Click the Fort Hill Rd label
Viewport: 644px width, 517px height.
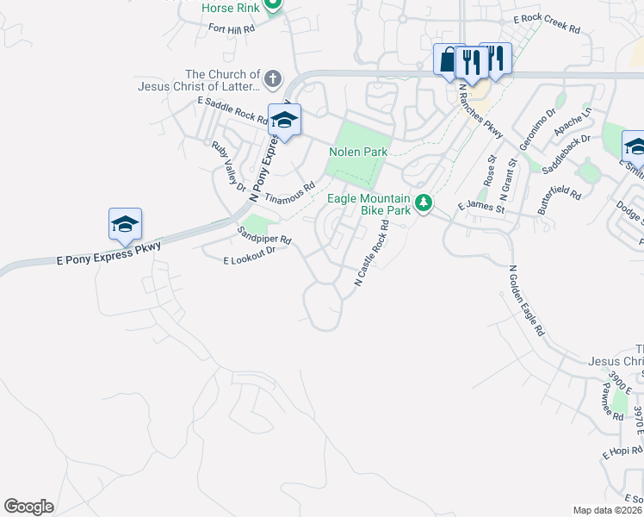(x=232, y=28)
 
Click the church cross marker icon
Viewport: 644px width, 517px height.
(x=272, y=79)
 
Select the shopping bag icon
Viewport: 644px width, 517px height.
(x=449, y=59)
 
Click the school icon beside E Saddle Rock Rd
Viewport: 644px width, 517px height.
(x=283, y=120)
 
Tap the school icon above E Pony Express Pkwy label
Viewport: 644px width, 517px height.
(x=125, y=224)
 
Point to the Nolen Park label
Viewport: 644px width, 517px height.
(x=358, y=152)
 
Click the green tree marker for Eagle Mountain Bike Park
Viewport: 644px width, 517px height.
(x=423, y=203)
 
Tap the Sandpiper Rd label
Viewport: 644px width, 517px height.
(x=264, y=235)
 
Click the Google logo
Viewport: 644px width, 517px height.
(x=28, y=506)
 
